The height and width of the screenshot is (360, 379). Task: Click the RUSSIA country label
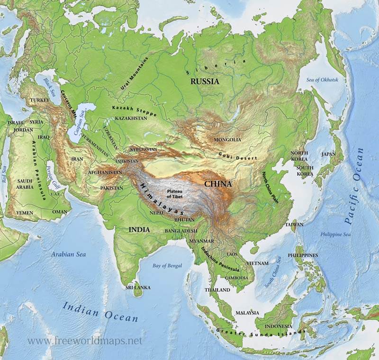point(205,81)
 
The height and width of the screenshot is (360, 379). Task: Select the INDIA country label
point(139,230)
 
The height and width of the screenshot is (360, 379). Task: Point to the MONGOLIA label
point(227,140)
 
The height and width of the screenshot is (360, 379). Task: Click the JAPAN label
point(328,154)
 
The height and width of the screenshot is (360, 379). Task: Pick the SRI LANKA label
point(138,288)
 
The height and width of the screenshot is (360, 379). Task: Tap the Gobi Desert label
point(238,156)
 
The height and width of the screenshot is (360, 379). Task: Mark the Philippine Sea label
point(335,234)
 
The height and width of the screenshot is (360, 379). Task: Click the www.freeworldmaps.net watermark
point(85,341)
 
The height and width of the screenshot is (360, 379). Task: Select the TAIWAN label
point(294,225)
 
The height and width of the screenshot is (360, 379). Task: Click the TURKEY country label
point(39,100)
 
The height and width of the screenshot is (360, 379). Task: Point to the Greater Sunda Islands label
point(261,332)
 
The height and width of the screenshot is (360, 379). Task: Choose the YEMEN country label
point(25,213)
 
